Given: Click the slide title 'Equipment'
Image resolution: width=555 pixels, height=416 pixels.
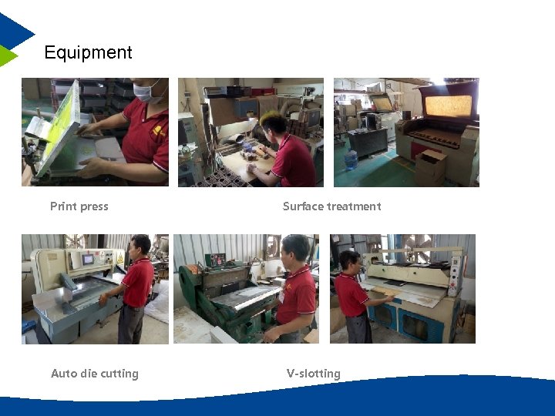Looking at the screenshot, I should click(x=88, y=52).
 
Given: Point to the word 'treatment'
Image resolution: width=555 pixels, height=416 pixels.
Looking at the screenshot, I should click(x=354, y=206).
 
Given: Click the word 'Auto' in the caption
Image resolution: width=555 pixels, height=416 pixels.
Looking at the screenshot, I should click(x=64, y=374).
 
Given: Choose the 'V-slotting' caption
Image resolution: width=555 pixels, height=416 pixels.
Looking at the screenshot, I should click(x=313, y=374).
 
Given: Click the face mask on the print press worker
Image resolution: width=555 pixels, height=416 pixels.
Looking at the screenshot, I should click(x=146, y=92).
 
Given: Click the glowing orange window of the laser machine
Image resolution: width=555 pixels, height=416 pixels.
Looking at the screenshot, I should click(x=448, y=106).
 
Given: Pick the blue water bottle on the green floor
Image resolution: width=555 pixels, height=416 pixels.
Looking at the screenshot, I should click(x=351, y=159).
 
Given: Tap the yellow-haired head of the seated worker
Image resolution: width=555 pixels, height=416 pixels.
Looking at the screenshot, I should click(x=274, y=122).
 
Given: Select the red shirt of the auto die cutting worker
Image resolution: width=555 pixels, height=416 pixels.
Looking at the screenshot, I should click(x=138, y=281).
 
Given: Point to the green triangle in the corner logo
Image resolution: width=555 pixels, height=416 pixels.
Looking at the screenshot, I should click(x=7, y=55).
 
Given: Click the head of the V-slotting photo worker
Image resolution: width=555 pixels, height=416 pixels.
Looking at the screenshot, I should click(x=295, y=248).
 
